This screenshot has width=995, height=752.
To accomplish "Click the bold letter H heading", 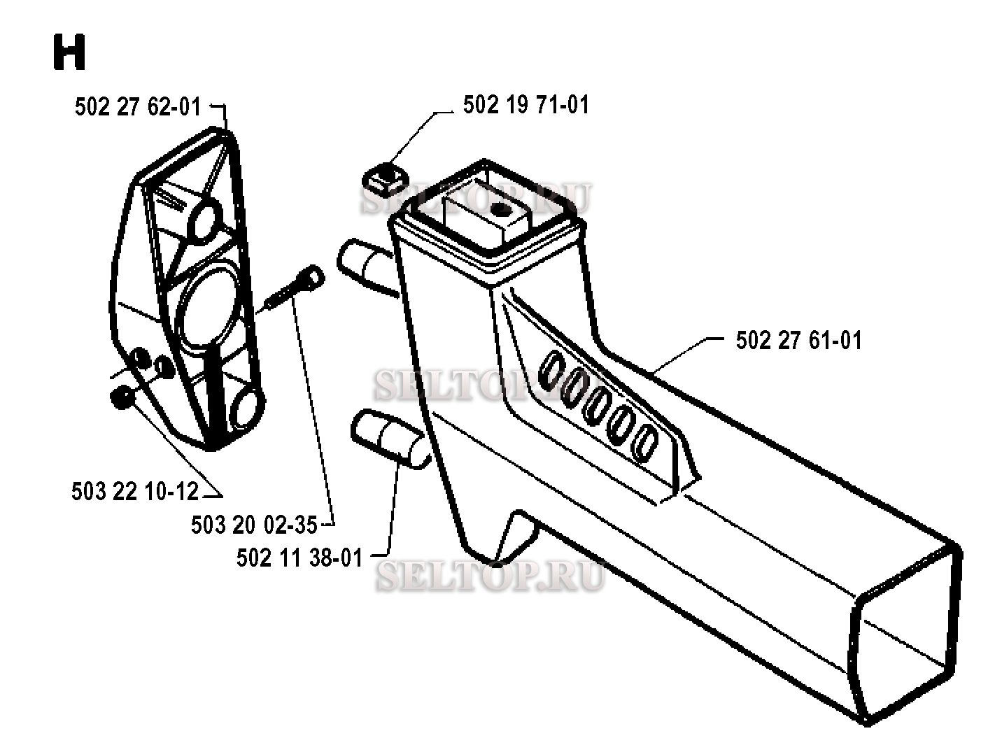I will click(69, 53).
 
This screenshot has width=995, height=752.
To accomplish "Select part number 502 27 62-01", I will click(137, 106).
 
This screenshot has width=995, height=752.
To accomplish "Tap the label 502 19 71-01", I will click(525, 105).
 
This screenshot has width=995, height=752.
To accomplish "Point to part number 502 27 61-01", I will click(798, 341).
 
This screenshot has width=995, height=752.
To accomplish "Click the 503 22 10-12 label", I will click(135, 491).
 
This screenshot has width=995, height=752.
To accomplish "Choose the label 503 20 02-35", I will click(254, 524).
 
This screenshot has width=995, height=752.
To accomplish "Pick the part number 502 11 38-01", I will click(299, 558).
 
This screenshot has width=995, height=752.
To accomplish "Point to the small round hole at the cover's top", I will click(204, 218).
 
